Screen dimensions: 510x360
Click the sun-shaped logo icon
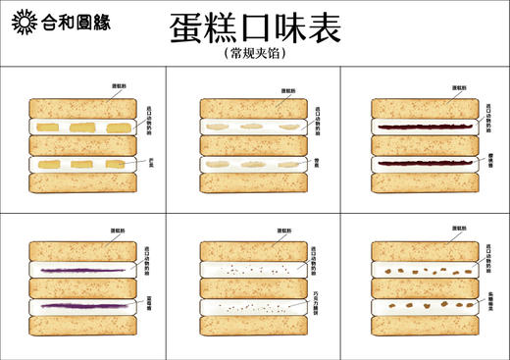tap(20, 22)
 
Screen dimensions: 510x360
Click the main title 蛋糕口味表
tap(255, 27)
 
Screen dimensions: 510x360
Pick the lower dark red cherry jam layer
tap(421, 163)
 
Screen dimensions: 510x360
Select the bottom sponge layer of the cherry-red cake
tap(421, 181)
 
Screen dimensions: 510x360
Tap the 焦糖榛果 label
tap(488, 304)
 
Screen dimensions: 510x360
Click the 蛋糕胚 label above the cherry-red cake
tap(457, 87)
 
